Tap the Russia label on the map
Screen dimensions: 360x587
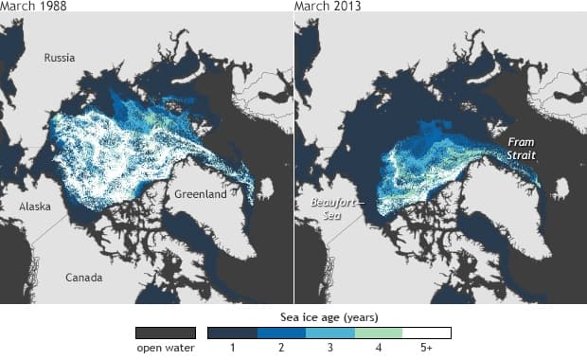60,58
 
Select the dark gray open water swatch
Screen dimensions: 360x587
166,333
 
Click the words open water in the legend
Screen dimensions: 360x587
166,349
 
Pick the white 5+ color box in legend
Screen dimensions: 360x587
426,333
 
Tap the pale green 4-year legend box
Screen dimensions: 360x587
378,333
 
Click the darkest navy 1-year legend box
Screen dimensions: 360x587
232,333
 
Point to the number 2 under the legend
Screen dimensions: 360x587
280,349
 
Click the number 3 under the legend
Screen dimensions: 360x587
329,349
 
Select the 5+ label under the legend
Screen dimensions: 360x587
426,349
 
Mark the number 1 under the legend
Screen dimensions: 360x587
232,349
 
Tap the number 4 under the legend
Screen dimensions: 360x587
378,349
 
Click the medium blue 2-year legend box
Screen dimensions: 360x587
280,333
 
